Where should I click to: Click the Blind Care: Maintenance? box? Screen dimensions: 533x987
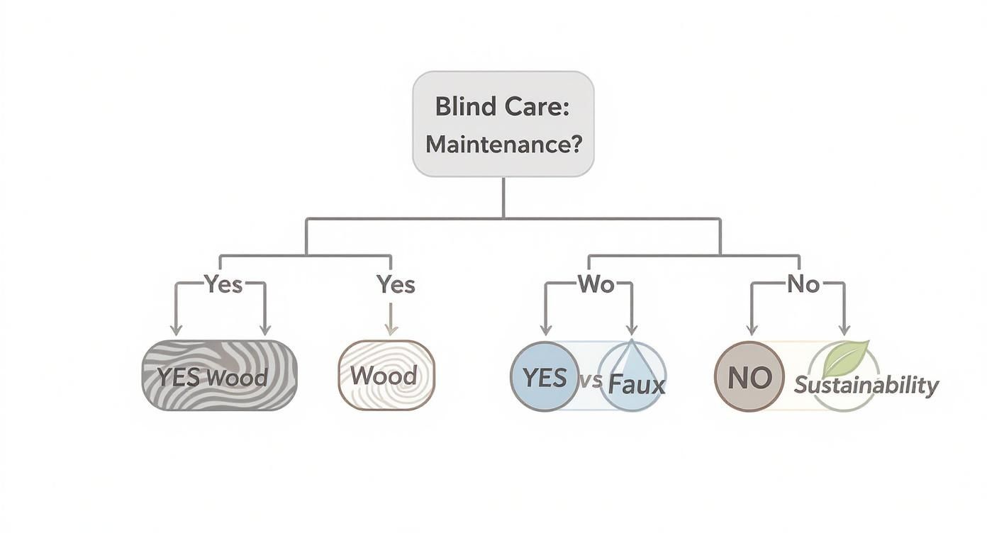[503, 124]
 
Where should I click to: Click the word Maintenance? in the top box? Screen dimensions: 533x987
[503, 145]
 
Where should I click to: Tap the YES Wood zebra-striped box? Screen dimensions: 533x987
[219, 376]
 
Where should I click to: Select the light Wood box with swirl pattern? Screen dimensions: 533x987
[386, 376]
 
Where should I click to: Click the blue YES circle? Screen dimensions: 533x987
[545, 377]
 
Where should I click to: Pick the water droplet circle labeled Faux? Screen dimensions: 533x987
[633, 377]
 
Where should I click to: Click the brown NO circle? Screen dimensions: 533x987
[749, 377]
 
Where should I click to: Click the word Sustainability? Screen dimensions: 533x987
[866, 386]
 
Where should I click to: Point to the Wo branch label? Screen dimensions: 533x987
[596, 284]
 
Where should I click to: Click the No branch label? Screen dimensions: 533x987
[803, 284]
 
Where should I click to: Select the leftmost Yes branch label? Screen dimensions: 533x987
[223, 284]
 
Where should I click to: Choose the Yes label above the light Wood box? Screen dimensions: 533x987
[396, 284]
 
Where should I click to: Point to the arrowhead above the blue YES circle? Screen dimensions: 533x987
[546, 330]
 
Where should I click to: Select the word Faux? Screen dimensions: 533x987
[637, 384]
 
